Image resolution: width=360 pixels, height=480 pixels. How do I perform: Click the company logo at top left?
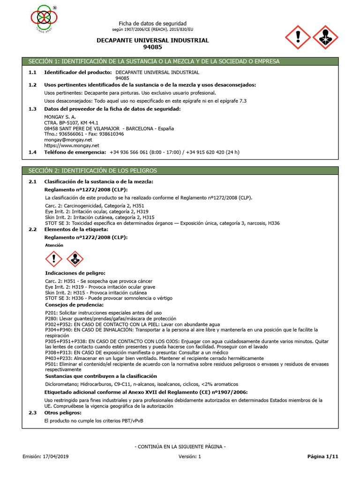click(x=44, y=17)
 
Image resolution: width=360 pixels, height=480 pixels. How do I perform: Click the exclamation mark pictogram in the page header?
click(x=298, y=37)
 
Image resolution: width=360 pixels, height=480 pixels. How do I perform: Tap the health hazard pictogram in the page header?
click(x=324, y=37)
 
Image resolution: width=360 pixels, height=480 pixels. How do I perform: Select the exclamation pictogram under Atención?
click(x=54, y=259)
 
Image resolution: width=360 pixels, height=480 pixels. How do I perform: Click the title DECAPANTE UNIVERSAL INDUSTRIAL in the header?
click(x=152, y=40)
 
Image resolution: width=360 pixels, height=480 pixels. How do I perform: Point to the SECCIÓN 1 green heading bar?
click(x=180, y=61)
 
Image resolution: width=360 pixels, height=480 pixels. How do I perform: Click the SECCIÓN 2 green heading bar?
click(x=180, y=171)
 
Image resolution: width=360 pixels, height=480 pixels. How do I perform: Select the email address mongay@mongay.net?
click(x=67, y=140)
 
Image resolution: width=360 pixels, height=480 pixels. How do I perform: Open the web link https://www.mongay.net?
click(x=72, y=146)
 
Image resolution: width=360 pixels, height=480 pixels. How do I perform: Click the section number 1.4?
click(x=32, y=152)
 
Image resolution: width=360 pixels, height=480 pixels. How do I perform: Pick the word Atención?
click(x=54, y=245)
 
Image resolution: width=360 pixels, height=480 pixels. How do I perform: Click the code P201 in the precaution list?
click(x=51, y=313)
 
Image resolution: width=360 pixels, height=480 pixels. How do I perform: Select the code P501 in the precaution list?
click(x=51, y=364)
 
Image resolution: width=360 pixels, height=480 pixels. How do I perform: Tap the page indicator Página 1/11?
click(x=322, y=456)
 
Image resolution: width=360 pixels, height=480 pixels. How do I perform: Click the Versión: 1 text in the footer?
click(x=189, y=456)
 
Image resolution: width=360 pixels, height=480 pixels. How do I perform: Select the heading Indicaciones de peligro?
click(x=75, y=273)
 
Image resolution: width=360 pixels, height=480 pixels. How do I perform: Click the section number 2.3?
click(x=32, y=412)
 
